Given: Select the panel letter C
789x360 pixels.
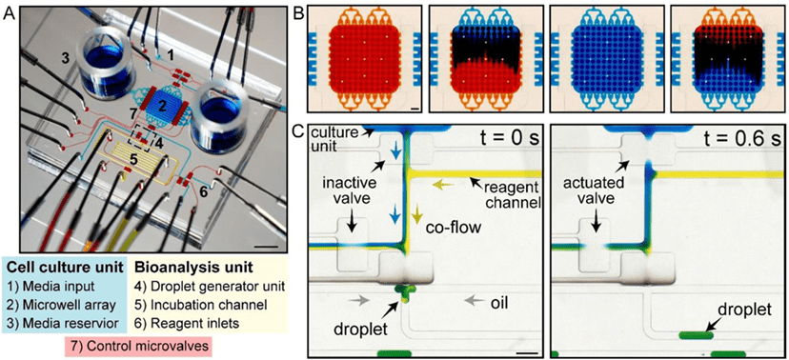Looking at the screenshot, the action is pyautogui.click(x=298, y=132).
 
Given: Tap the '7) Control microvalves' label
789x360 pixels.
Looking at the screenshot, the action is pyautogui.click(x=137, y=346).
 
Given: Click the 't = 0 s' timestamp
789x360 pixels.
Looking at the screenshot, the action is pyautogui.click(x=507, y=137).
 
